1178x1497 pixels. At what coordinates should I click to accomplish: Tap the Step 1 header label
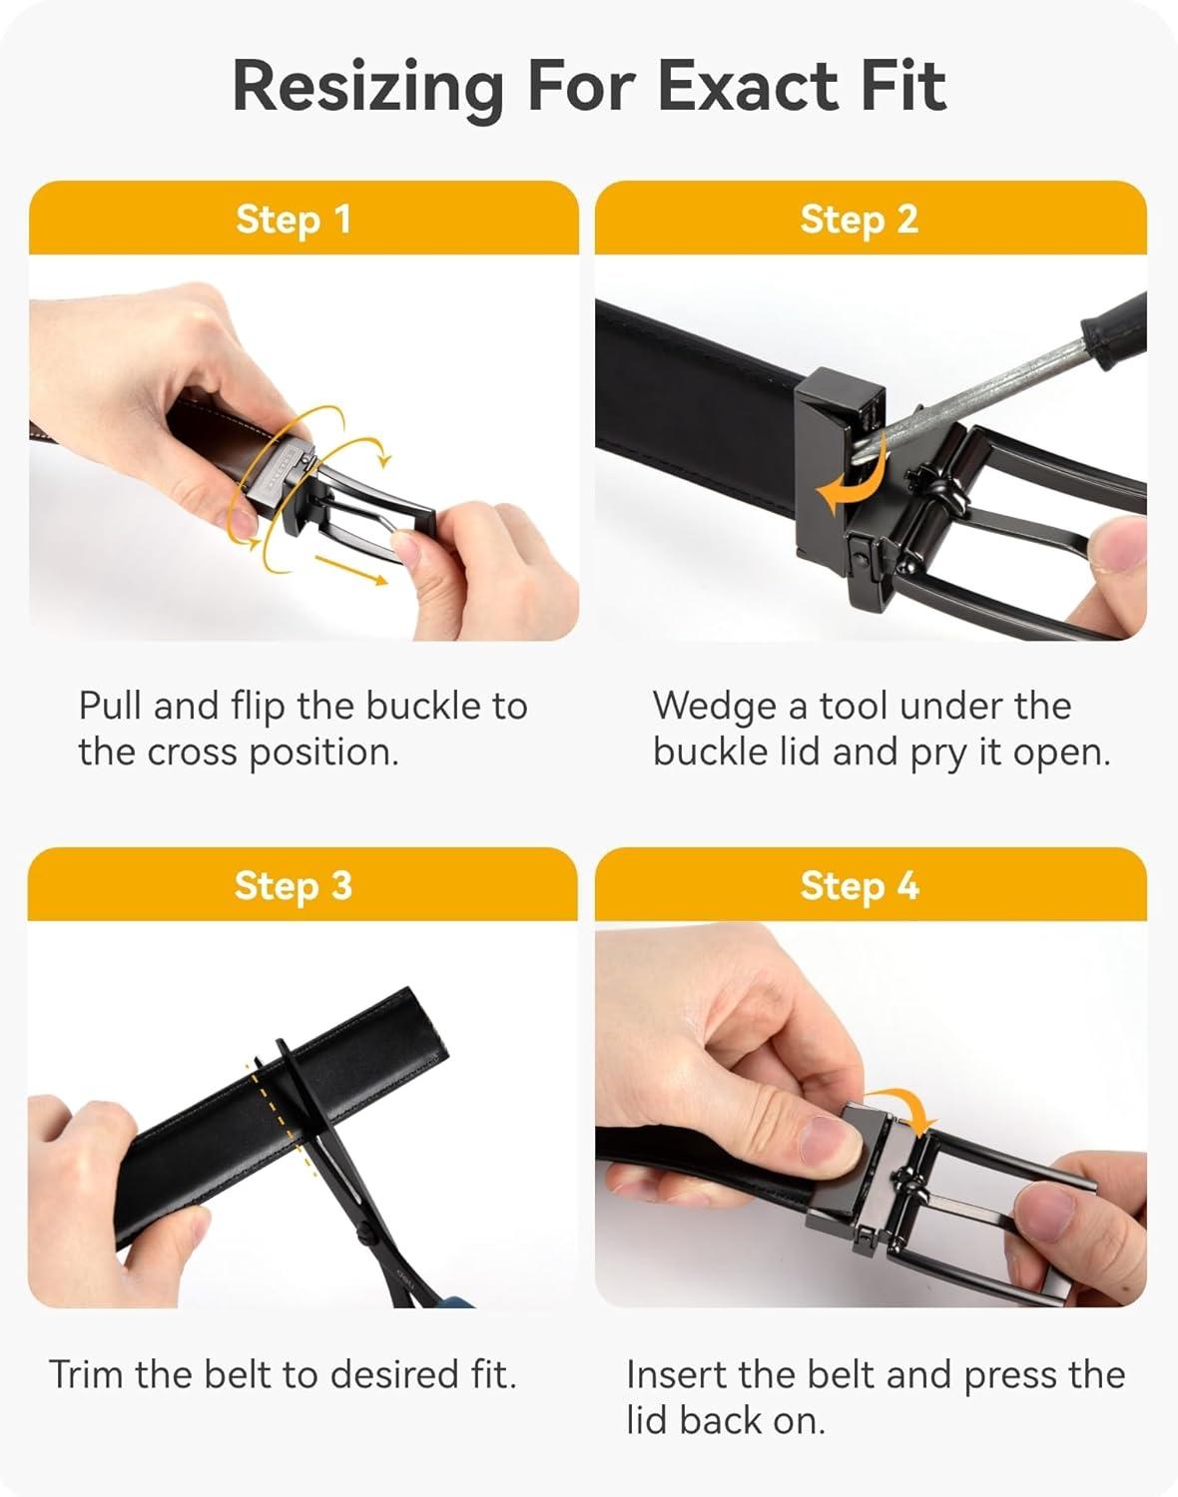click(294, 219)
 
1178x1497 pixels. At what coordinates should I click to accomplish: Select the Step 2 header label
click(859, 219)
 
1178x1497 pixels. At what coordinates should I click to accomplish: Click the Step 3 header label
click(294, 885)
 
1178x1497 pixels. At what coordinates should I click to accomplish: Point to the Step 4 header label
click(859, 885)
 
